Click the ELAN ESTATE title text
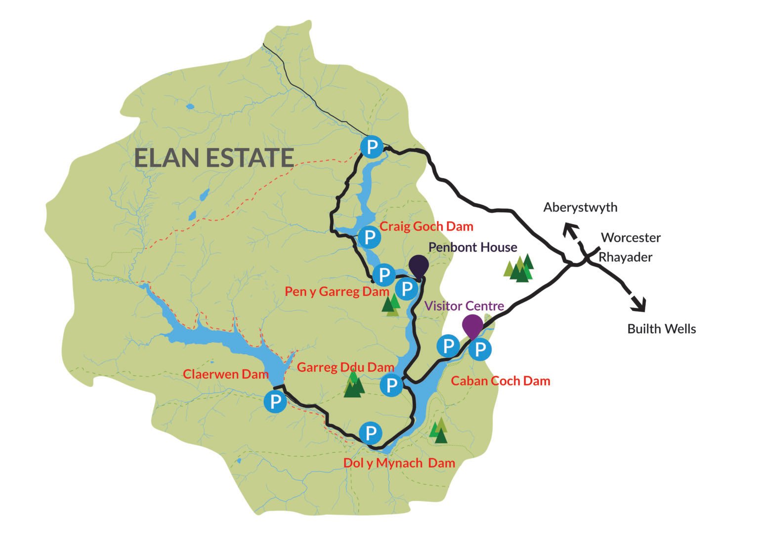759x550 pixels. point(214,158)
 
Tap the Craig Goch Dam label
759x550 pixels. point(426,227)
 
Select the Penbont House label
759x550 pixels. point(472,247)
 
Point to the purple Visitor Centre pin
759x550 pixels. point(472,325)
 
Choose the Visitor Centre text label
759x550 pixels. point(464,306)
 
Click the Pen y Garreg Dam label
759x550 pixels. point(337,292)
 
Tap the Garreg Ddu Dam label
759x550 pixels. point(345,367)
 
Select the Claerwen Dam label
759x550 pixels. point(226,374)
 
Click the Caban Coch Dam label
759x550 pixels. point(500,381)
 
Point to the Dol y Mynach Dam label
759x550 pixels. point(399,463)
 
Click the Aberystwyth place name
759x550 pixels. point(580,207)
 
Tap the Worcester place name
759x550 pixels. point(631,237)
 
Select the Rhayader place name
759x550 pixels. point(626,257)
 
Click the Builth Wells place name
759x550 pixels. point(661,329)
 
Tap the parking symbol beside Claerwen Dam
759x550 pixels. point(275,401)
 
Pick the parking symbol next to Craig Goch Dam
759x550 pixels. point(369,237)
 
